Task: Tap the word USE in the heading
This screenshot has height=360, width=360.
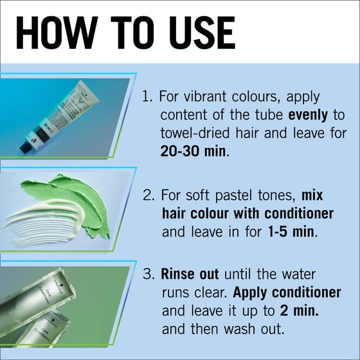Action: (202, 33)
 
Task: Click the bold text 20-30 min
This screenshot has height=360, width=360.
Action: (193, 151)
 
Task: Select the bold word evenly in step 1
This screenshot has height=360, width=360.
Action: (308, 115)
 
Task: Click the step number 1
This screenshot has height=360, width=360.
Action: (147, 96)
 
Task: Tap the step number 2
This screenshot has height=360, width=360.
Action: (148, 195)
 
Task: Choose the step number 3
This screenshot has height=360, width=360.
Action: (148, 274)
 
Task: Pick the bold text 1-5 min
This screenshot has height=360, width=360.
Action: (291, 232)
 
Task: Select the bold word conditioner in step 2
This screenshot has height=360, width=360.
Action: (299, 213)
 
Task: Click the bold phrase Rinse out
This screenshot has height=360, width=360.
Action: (190, 274)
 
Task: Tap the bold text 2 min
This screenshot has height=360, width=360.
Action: (300, 311)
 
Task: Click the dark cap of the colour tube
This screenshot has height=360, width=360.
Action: (25, 148)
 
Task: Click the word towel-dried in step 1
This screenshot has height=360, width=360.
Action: (195, 133)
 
